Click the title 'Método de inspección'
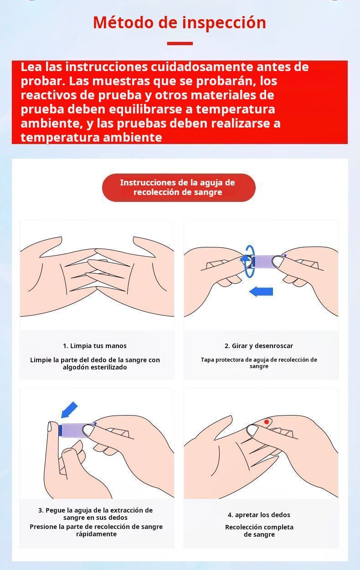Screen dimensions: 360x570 pos(180,22)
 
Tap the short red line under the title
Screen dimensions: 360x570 pos(180,44)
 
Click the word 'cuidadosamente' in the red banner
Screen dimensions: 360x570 pos(202,67)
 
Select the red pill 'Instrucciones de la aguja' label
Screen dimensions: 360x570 pos(179,188)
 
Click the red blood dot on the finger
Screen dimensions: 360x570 pos(267,422)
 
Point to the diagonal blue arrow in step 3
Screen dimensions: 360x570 pos(69,410)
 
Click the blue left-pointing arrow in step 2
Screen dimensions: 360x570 pos(261,292)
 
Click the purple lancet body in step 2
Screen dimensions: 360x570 pos(266,262)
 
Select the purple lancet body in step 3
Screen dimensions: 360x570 pos(74,430)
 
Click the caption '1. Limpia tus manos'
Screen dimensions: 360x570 pos(95,346)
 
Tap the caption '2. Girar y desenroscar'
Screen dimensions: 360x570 pos(259,346)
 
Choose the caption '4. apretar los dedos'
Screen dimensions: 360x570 pos(259,515)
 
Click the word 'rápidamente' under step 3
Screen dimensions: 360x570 pos(97,534)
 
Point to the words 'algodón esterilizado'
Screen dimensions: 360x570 pos(95,367)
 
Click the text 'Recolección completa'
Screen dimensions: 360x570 pos(259,527)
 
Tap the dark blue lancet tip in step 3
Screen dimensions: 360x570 pos(60,430)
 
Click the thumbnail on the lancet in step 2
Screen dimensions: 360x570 pos(278,262)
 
